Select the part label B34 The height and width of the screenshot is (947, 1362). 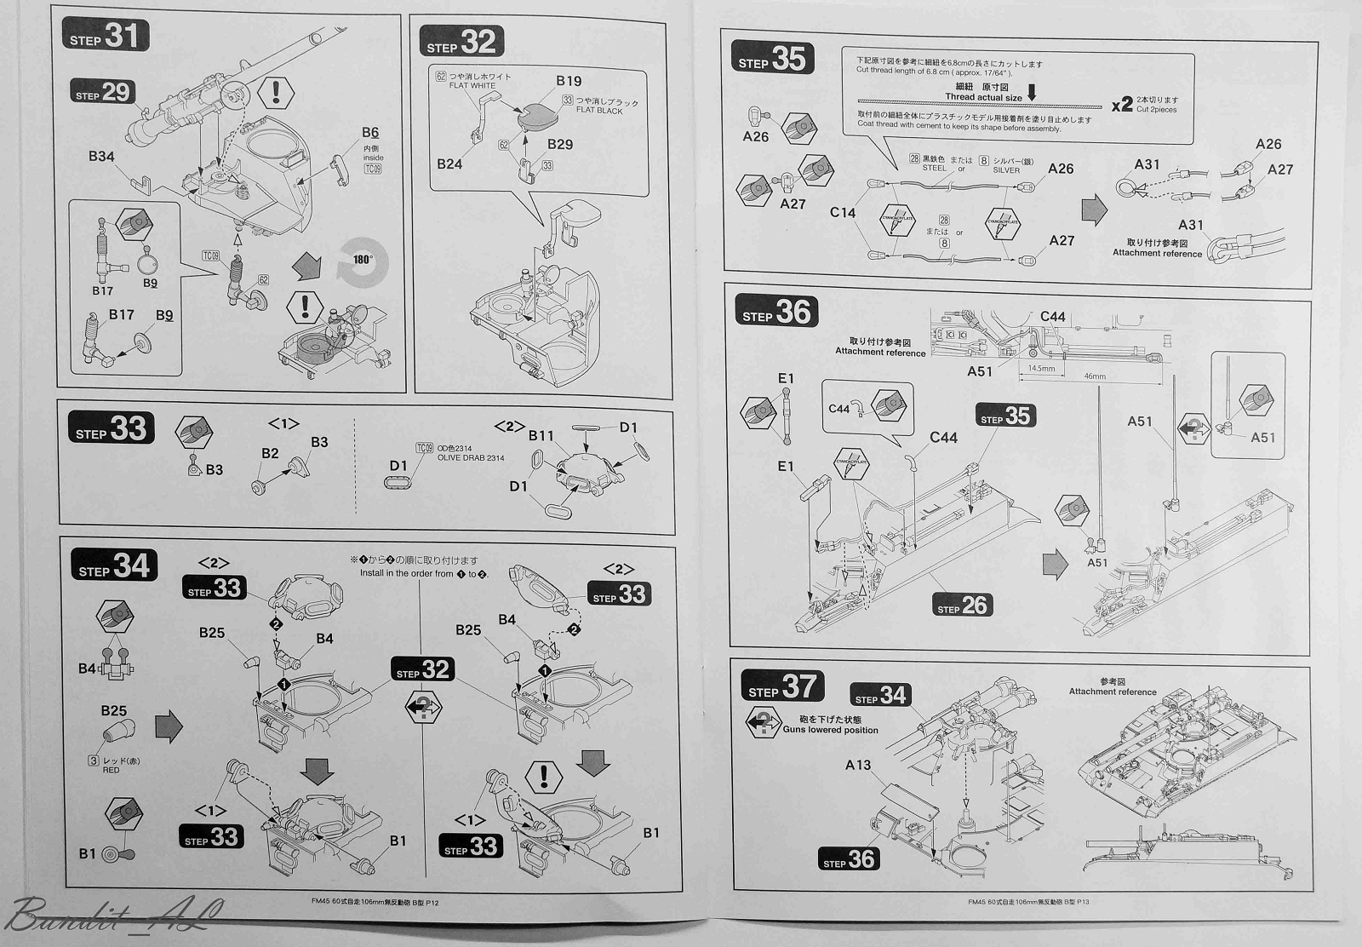(101, 157)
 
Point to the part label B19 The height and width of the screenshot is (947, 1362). (569, 82)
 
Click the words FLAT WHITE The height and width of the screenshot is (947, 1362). (472, 86)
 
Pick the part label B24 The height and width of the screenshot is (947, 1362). (449, 164)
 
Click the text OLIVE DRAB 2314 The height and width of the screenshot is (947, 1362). (471, 458)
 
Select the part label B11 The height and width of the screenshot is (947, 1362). (541, 436)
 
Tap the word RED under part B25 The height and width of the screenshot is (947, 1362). (111, 770)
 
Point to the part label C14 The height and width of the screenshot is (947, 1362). (843, 213)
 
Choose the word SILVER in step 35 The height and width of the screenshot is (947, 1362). (1006, 170)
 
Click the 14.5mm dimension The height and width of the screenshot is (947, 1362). (1041, 370)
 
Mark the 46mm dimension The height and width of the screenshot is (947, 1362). (1095, 376)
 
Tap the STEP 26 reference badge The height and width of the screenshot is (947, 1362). (962, 606)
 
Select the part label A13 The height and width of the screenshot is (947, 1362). (858, 766)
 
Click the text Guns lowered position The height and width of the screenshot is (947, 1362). (830, 730)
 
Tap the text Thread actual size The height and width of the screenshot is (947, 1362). (983, 97)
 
